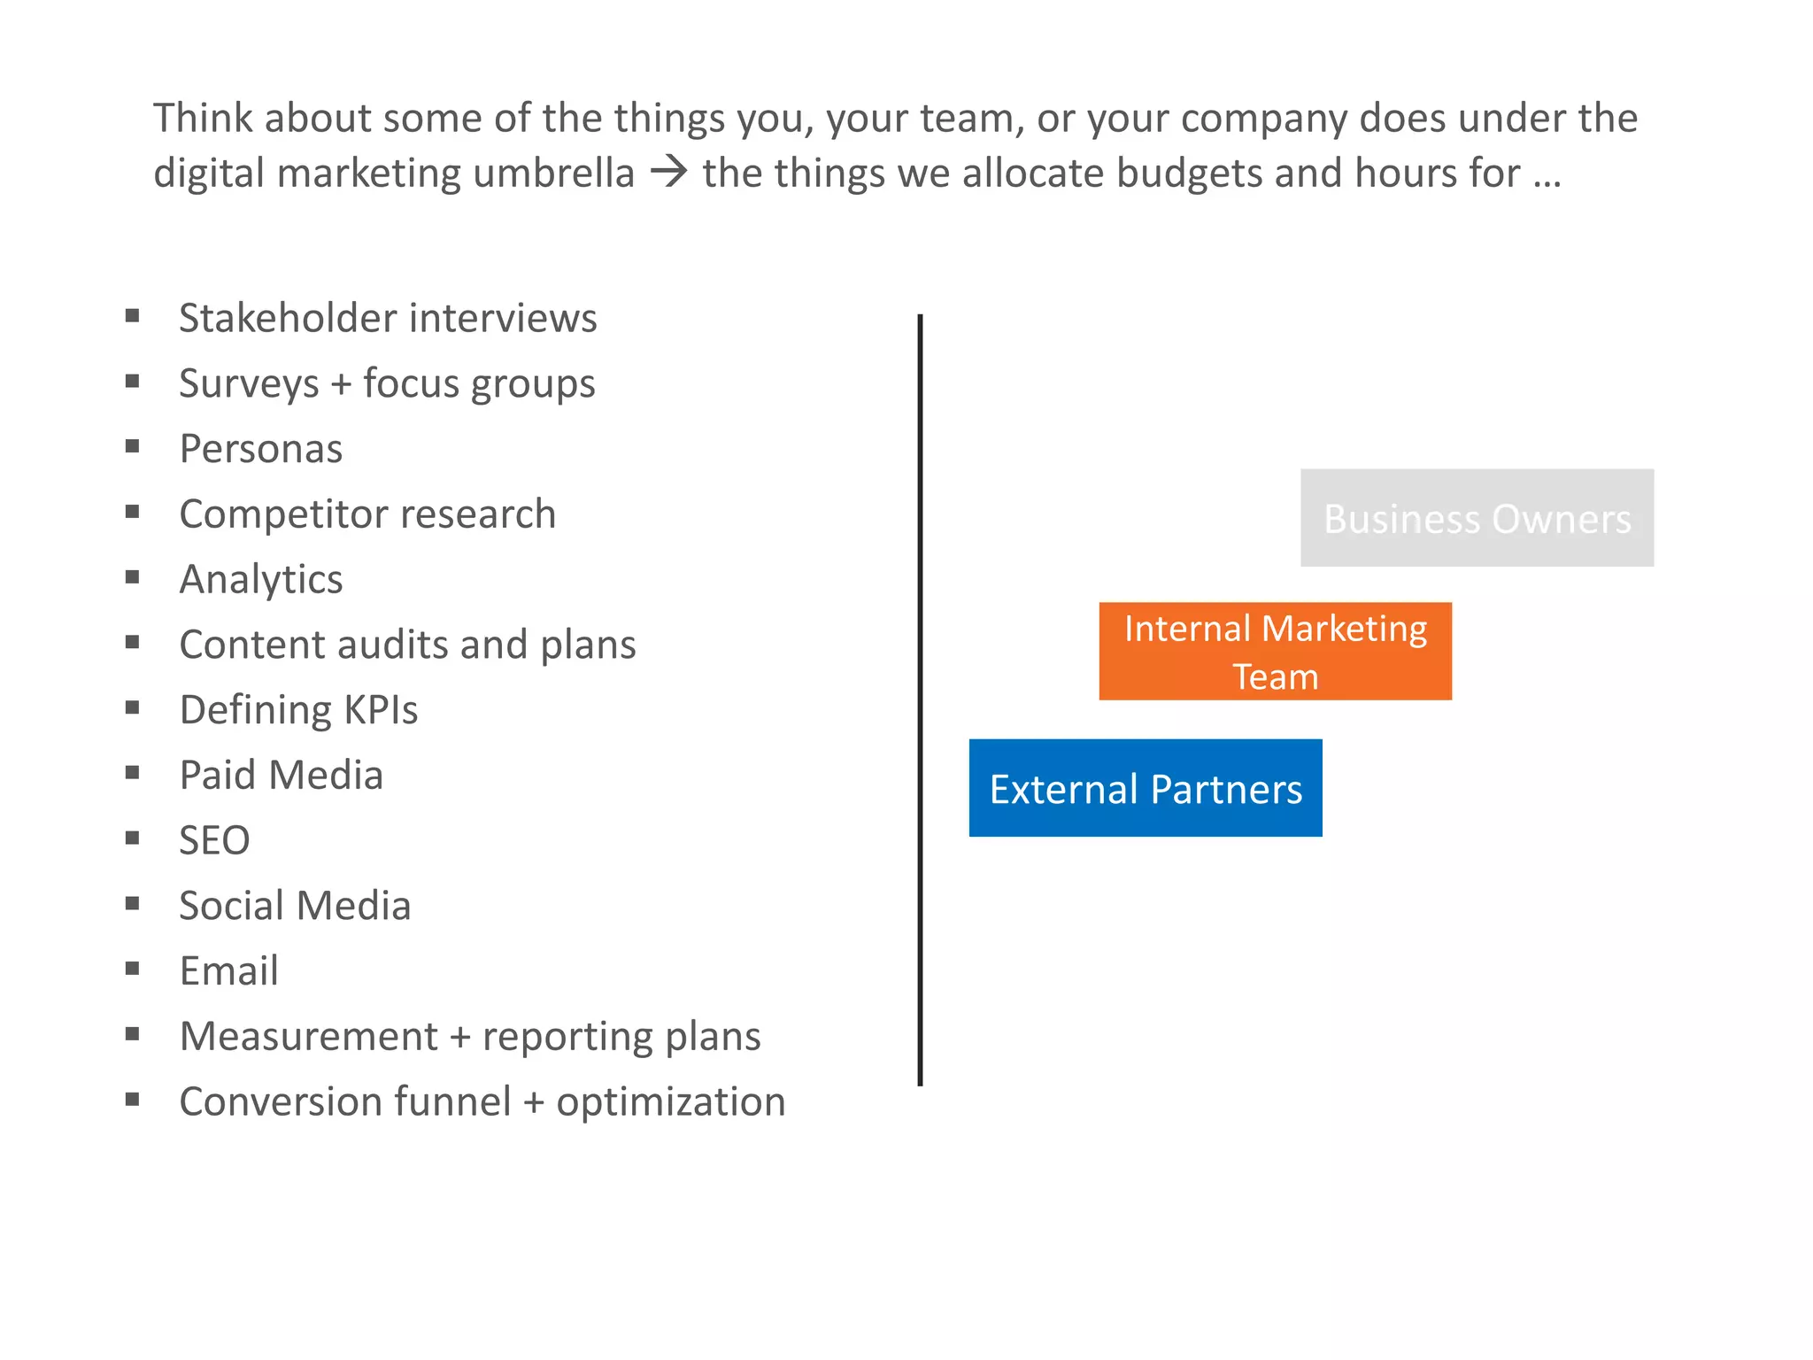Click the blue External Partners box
(1146, 788)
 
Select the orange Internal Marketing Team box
(1275, 652)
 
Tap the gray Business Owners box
(1477, 518)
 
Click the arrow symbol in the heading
(669, 172)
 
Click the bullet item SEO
(214, 840)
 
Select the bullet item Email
(228, 970)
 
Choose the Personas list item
(260, 449)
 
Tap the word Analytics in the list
(260, 580)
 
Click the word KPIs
(381, 710)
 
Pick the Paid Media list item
(281, 776)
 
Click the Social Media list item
(295, 906)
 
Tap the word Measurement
(308, 1036)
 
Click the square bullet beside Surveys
(133, 382)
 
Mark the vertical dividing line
(920, 699)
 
